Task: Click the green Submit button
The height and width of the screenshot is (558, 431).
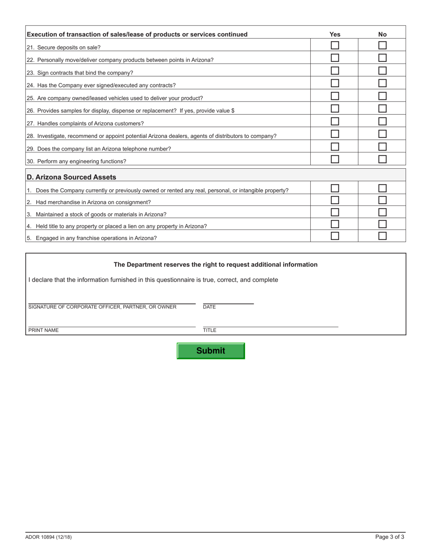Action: point(211,351)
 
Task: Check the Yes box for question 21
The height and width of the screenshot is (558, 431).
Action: point(335,45)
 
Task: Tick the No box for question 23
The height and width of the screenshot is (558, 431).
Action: point(382,71)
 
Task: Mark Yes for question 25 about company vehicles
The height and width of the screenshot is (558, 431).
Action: point(335,96)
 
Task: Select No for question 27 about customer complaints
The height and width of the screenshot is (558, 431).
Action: point(382,122)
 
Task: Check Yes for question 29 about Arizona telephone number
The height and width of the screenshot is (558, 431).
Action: point(335,147)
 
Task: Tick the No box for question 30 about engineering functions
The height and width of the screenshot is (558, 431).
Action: point(382,159)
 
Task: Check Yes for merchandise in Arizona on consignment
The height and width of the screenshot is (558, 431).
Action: point(335,200)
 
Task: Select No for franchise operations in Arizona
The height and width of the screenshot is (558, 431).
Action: point(382,236)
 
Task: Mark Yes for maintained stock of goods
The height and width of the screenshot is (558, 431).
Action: point(335,212)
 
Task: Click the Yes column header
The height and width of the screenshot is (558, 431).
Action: point(335,34)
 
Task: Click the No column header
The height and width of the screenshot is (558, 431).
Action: point(382,34)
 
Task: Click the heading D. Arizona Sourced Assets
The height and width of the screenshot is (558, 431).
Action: point(71,177)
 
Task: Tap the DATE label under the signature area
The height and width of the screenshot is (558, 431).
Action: point(209,307)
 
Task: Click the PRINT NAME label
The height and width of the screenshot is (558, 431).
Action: point(44,330)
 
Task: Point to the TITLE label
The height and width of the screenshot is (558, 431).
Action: point(210,330)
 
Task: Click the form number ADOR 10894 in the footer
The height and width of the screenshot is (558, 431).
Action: point(49,537)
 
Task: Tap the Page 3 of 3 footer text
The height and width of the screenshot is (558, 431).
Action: point(390,537)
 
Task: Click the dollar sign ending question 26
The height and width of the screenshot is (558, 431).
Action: point(233,111)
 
